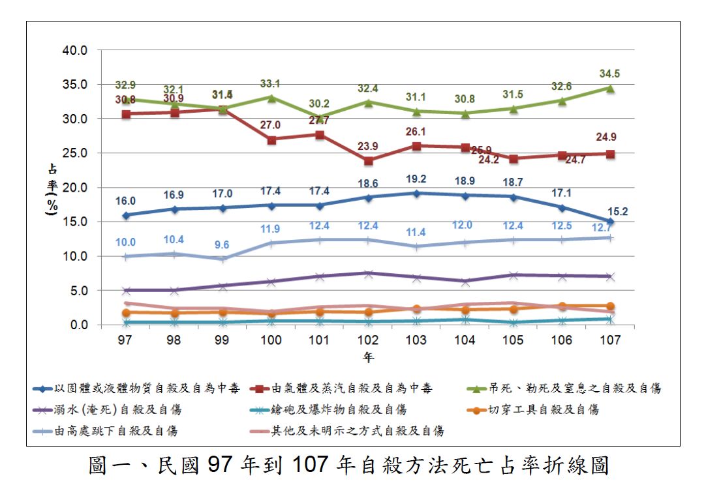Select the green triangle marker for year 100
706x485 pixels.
[271, 98]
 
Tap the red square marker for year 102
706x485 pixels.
[368, 160]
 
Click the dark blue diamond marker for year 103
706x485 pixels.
[416, 193]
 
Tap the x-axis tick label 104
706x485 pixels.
[465, 340]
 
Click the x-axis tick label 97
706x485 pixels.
[125, 340]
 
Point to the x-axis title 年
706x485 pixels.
[369, 357]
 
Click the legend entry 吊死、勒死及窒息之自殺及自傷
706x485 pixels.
[574, 389]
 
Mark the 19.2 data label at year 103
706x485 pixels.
[416, 179]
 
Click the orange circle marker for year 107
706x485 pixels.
[609, 306]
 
